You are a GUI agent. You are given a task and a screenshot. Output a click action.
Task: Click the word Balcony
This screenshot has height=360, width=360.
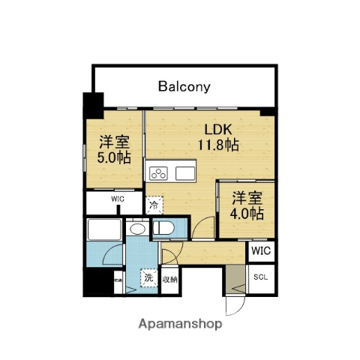184,85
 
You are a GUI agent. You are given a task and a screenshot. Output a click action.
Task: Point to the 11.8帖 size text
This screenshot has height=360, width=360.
218,145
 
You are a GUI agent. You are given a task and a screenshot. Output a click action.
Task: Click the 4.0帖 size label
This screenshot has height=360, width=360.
247,213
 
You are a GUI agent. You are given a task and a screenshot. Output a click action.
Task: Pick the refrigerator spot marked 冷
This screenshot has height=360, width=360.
153,204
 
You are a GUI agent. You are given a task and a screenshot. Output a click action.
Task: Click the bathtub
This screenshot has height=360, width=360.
103,229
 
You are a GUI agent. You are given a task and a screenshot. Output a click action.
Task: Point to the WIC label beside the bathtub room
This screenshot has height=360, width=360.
118,199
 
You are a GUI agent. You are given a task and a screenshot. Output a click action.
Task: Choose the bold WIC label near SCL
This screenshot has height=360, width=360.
261,250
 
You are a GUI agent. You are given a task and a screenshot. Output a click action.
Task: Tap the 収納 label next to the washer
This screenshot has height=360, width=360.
169,280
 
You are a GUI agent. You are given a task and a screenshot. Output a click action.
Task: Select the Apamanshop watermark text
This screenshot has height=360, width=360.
180,325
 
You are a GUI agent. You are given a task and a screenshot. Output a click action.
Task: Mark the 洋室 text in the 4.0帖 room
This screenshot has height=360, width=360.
247,198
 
